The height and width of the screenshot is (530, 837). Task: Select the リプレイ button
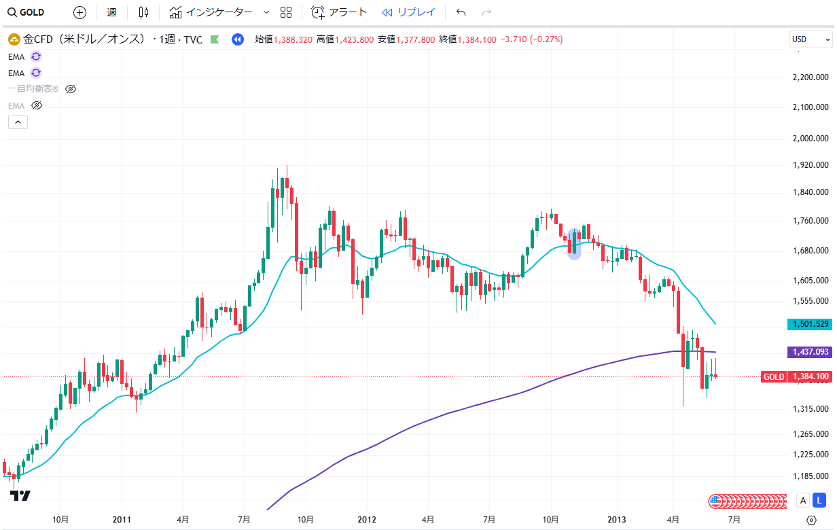pos(408,12)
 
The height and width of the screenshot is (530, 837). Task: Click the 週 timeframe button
pos(111,12)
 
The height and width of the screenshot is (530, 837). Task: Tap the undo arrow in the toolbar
pos(461,12)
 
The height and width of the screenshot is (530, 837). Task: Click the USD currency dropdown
pos(811,39)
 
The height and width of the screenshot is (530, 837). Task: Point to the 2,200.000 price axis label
pos(811,77)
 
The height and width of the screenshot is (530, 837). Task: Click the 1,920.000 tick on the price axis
pos(811,164)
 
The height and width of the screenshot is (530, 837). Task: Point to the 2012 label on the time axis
pos(367,520)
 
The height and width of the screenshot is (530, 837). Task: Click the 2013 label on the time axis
pos(617,520)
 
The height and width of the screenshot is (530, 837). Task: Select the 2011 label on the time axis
pos(122,520)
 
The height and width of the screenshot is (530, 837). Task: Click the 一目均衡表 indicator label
pos(33,89)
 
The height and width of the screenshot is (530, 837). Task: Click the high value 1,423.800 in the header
pos(354,39)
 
